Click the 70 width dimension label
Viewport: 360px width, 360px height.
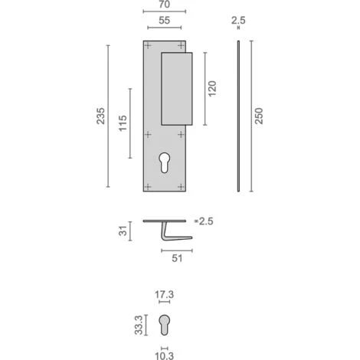(164, 5)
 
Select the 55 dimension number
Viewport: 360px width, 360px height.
(164, 21)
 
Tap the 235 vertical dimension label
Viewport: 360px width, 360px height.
(100, 116)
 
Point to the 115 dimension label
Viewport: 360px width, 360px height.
(123, 123)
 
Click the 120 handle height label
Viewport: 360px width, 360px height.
(212, 89)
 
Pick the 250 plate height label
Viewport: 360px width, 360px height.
(259, 116)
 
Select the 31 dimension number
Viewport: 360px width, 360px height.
(123, 231)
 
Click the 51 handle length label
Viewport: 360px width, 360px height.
(177, 258)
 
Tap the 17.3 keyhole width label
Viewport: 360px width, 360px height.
(164, 295)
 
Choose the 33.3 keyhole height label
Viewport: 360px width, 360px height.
(139, 325)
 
